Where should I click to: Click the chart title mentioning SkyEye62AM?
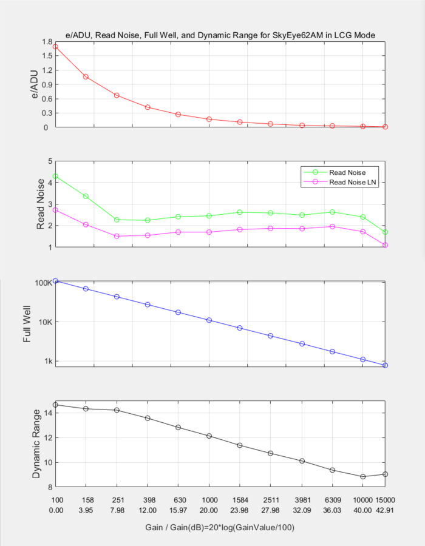click(220, 36)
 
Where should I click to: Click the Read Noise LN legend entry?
click(353, 182)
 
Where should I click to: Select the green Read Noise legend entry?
click(347, 172)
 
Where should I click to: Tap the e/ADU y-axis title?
click(35, 84)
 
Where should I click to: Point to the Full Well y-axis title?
click(27, 325)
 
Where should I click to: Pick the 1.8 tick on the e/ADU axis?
click(47, 42)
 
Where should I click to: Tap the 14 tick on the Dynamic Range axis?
click(48, 413)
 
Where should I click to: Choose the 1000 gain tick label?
click(209, 499)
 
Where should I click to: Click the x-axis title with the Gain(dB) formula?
click(220, 527)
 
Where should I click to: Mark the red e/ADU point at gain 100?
click(55, 47)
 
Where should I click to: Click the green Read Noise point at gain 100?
click(55, 176)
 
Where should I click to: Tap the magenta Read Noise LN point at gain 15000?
click(385, 245)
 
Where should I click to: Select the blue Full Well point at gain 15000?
click(385, 365)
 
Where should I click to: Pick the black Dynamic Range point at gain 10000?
click(363, 477)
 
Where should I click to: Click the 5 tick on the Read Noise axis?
click(50, 161)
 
